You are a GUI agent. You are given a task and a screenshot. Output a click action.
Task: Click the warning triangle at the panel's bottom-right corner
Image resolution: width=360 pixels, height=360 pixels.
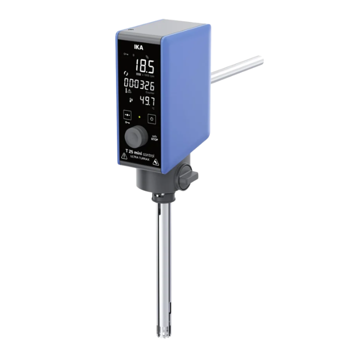[x=155, y=160]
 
